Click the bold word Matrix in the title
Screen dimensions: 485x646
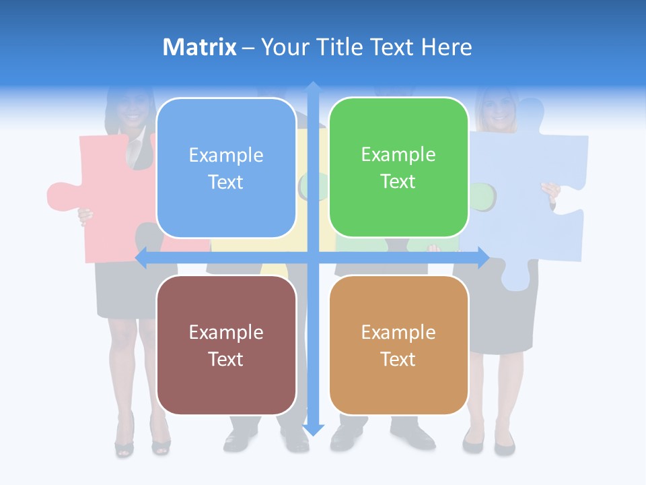tap(200, 47)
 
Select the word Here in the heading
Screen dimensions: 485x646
tap(447, 47)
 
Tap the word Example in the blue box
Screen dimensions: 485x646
tap(226, 156)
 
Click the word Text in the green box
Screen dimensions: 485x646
tap(398, 182)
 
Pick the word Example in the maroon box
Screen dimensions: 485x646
tap(226, 332)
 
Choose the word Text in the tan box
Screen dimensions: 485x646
tap(398, 359)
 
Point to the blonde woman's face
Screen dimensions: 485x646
tap(500, 111)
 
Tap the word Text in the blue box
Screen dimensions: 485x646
tap(226, 183)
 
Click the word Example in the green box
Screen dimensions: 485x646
tap(398, 155)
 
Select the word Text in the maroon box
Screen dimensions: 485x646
tap(226, 359)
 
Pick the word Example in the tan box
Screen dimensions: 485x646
tap(398, 332)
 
